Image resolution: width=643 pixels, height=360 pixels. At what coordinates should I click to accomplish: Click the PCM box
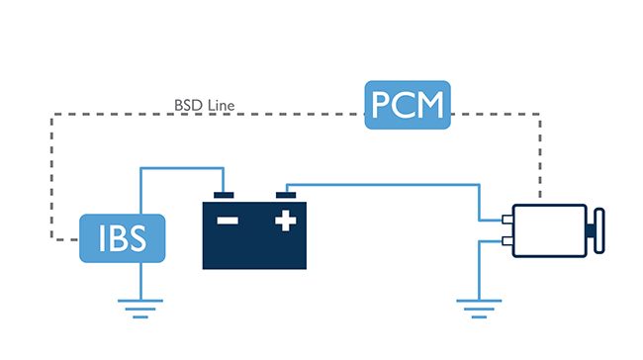[408, 105]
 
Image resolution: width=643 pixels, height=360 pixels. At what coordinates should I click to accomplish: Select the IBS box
[123, 238]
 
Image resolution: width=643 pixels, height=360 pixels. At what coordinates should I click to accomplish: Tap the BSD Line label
[204, 106]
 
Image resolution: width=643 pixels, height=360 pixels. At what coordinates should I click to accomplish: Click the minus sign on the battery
[228, 221]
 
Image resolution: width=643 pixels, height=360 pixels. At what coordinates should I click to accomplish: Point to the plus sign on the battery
[286, 221]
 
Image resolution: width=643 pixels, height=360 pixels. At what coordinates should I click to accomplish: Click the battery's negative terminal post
[224, 195]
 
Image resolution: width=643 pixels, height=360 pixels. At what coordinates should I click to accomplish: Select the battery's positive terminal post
[286, 195]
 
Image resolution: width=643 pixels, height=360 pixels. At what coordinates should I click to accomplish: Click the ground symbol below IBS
[140, 309]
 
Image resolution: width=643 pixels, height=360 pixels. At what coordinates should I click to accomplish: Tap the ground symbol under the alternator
[479, 309]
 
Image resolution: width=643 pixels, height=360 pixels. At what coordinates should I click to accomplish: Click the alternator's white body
[549, 230]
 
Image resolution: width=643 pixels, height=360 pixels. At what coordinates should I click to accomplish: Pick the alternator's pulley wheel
[599, 230]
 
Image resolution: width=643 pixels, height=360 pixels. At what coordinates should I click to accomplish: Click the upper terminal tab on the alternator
[507, 220]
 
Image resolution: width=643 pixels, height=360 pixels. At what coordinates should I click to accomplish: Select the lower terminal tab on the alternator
[507, 240]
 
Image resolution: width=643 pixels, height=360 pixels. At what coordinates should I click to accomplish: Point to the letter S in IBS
[137, 238]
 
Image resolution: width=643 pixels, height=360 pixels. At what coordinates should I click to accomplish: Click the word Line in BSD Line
[221, 106]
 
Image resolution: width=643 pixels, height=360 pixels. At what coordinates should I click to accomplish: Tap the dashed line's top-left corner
[51, 115]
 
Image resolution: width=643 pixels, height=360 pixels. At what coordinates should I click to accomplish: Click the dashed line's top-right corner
[540, 115]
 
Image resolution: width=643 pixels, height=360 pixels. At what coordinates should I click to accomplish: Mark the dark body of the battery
[254, 235]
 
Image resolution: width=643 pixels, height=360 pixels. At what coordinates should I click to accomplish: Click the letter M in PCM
[429, 105]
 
